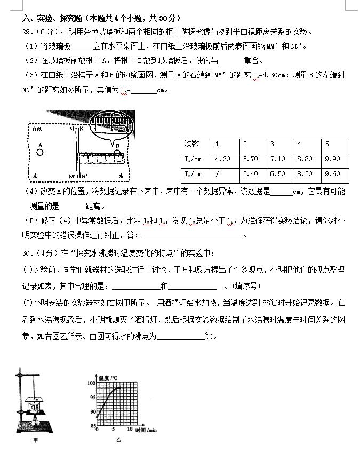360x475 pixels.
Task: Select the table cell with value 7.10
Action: [278, 159]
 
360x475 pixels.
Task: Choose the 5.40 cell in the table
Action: [250, 174]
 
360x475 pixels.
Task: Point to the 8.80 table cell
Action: [306, 159]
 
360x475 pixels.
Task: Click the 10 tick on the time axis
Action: [129, 429]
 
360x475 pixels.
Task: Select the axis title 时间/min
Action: [146, 430]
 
